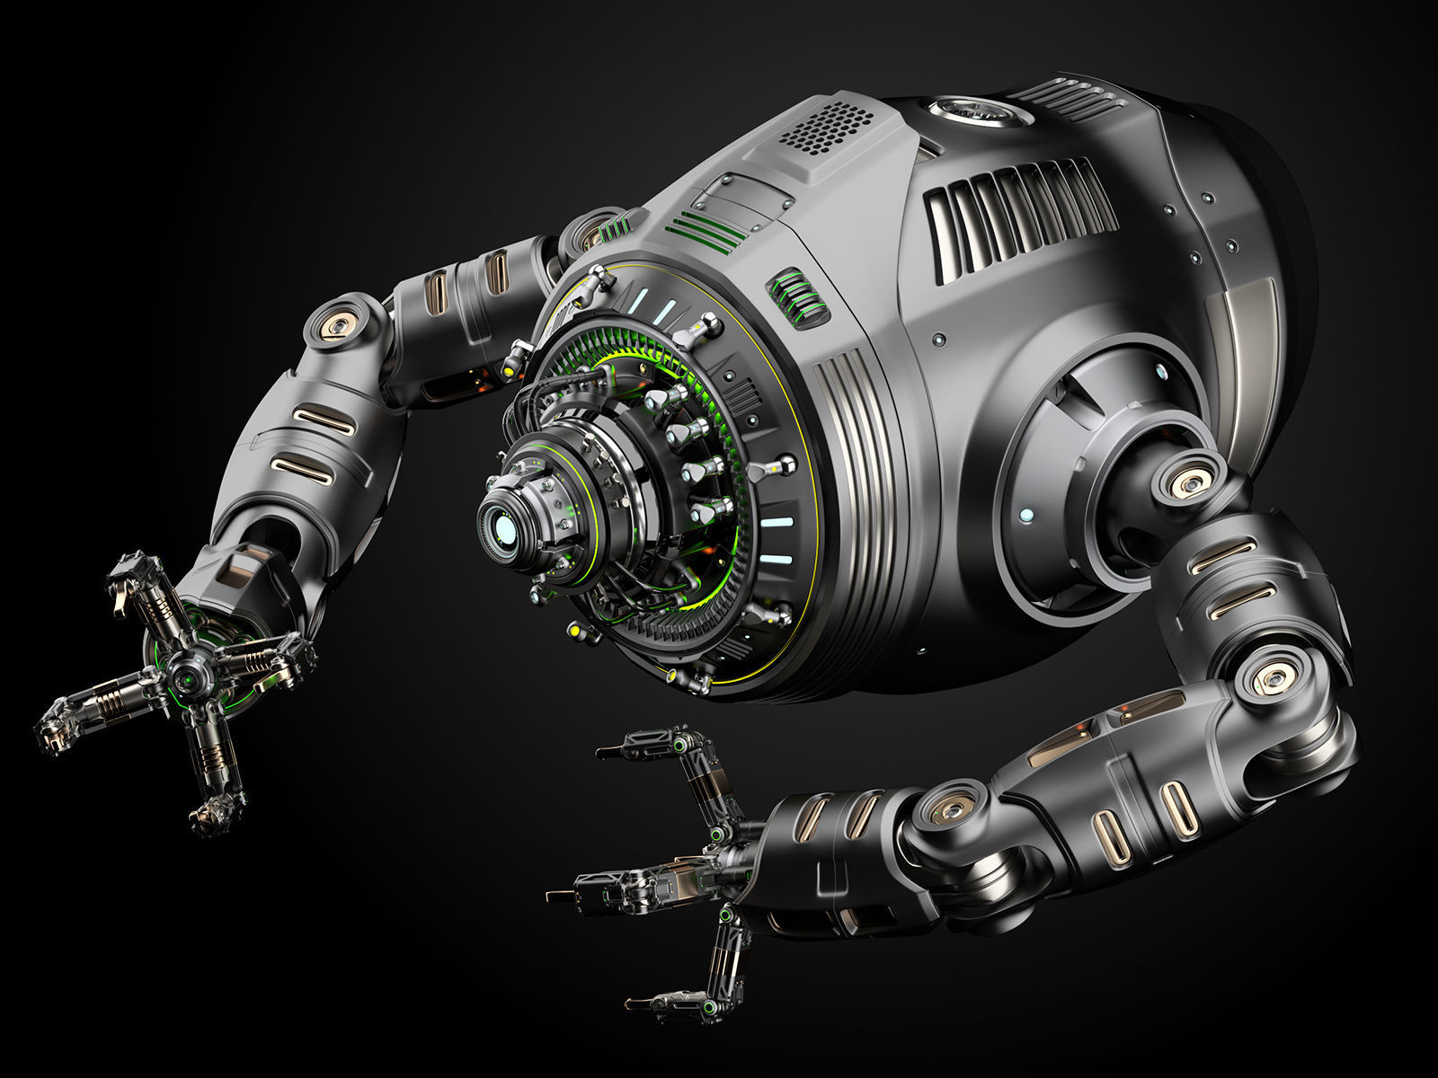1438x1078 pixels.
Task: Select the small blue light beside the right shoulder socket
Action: pos(1026,515)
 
